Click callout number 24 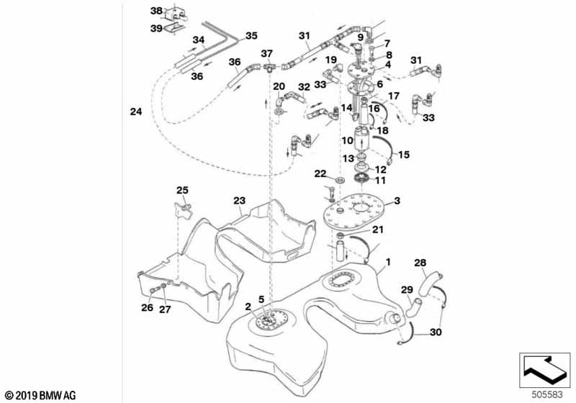pyautogui.click(x=136, y=112)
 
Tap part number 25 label pyautogui.click(x=182, y=190)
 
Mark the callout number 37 pyautogui.click(x=267, y=54)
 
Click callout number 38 pyautogui.click(x=156, y=12)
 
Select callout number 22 pyautogui.click(x=320, y=174)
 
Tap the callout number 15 pyautogui.click(x=403, y=154)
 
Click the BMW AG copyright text pyautogui.click(x=40, y=395)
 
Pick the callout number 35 pyautogui.click(x=251, y=35)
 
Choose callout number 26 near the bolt pyautogui.click(x=147, y=309)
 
